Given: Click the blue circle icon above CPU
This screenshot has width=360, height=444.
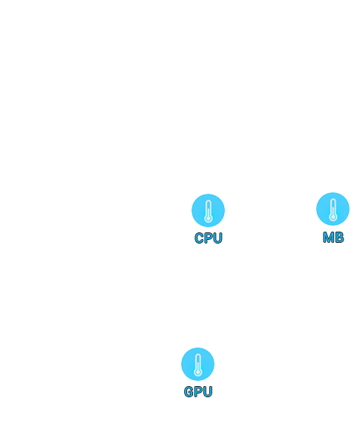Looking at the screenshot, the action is pyautogui.click(x=208, y=210).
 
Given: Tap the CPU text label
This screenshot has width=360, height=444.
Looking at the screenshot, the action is pyautogui.click(x=209, y=238).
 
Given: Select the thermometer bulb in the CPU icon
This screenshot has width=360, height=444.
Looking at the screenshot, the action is pyautogui.click(x=209, y=218).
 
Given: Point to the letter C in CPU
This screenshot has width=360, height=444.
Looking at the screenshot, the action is pyautogui.click(x=199, y=238).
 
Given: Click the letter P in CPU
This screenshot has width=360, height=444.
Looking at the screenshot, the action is pyautogui.click(x=208, y=238).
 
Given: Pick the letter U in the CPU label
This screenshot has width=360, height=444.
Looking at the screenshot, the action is pyautogui.click(x=217, y=238).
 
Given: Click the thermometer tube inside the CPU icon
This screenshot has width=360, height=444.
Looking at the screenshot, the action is pyautogui.click(x=209, y=209).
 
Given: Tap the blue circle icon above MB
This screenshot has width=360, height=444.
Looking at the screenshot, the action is pyautogui.click(x=333, y=209).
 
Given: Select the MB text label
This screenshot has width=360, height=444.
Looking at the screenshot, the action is pyautogui.click(x=333, y=238).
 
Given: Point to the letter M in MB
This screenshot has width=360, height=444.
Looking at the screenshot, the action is pyautogui.click(x=329, y=238).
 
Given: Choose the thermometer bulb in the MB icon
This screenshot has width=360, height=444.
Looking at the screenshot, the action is pyautogui.click(x=333, y=218).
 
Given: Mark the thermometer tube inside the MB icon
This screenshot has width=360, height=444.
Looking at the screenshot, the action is pyautogui.click(x=333, y=207).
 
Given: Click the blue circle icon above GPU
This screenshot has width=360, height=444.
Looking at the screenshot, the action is pyautogui.click(x=198, y=364).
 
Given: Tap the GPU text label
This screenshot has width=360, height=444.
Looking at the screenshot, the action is pyautogui.click(x=198, y=392).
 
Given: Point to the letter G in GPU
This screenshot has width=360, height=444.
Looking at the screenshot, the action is pyautogui.click(x=189, y=392).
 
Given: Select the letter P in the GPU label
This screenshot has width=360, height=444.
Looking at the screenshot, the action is pyautogui.click(x=198, y=392).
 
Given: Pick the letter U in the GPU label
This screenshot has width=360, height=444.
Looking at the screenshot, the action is pyautogui.click(x=207, y=392).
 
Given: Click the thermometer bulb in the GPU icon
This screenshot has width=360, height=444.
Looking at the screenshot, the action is pyautogui.click(x=198, y=373).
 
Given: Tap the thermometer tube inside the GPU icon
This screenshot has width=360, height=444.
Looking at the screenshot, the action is pyautogui.click(x=198, y=362).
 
